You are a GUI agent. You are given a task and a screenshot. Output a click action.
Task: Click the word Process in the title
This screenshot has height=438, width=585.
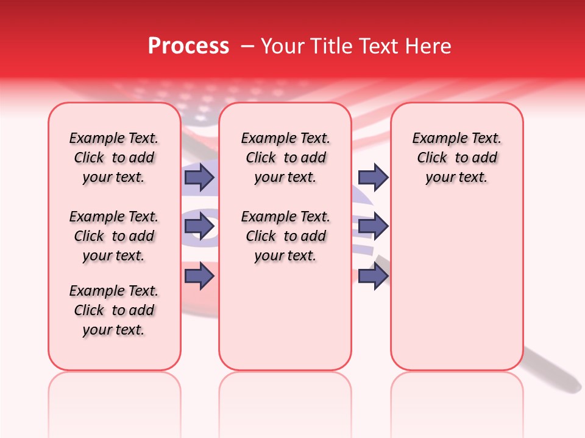click(x=188, y=46)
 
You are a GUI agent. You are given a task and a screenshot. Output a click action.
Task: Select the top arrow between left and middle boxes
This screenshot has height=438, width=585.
click(x=199, y=177)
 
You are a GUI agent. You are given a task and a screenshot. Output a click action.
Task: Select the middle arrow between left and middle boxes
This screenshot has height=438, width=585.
click(x=199, y=227)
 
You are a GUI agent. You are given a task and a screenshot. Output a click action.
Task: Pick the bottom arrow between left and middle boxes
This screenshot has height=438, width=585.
click(x=199, y=276)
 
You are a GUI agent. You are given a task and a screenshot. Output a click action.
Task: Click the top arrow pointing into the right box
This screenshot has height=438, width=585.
click(x=373, y=177)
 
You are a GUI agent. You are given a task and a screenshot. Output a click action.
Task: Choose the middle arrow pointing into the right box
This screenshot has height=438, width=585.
click(x=373, y=227)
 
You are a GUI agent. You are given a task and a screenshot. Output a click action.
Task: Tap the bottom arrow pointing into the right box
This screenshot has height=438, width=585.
click(x=373, y=276)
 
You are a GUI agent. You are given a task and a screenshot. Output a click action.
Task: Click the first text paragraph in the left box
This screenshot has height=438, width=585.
click(x=114, y=158)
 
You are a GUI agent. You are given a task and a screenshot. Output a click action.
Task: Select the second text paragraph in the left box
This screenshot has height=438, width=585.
click(x=114, y=236)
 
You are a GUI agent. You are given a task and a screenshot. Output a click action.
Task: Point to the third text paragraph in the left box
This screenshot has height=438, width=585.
click(x=114, y=310)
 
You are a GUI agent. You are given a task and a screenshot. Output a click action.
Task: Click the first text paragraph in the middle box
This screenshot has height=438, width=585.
click(x=285, y=158)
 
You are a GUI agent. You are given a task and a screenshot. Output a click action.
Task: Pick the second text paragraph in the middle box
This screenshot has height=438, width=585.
click(x=285, y=236)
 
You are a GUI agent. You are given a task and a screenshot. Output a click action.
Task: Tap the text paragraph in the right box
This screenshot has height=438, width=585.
click(x=456, y=158)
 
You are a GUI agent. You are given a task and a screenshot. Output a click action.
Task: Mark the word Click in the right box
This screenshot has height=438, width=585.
click(x=432, y=158)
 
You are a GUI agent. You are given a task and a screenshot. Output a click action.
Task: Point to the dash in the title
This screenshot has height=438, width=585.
click(x=247, y=46)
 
